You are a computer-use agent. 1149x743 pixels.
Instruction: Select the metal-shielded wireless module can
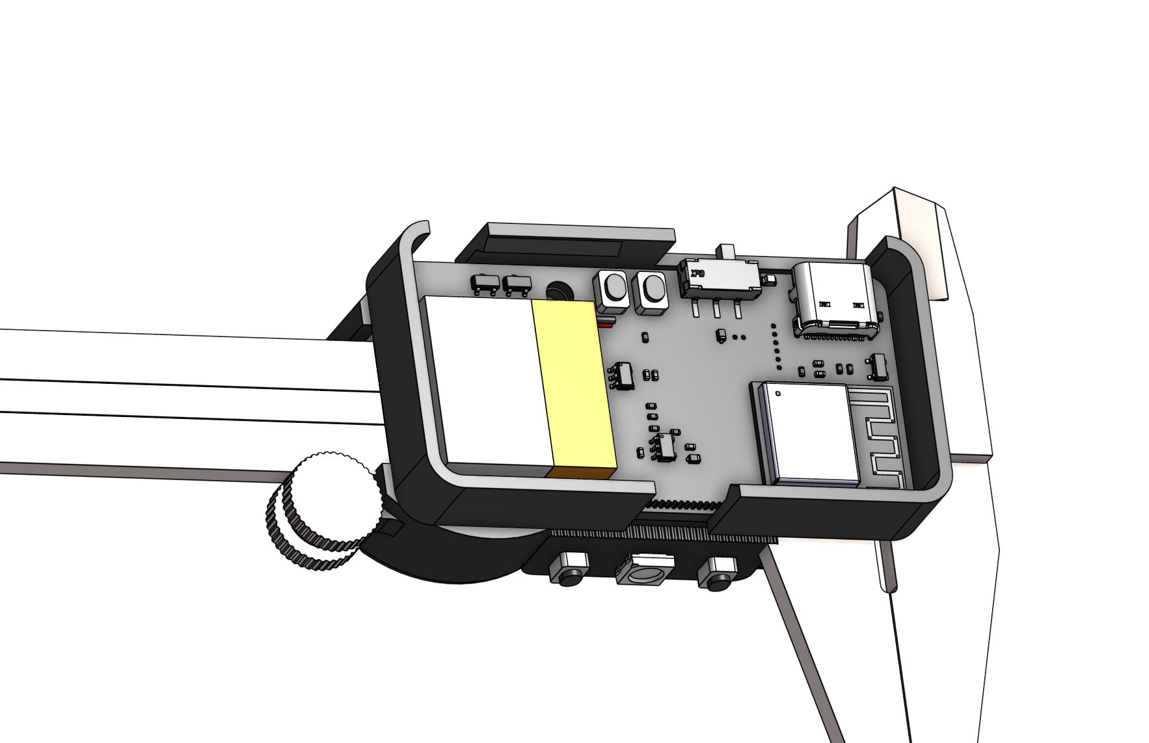pos(807,432)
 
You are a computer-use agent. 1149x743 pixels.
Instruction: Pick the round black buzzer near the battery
pos(557,291)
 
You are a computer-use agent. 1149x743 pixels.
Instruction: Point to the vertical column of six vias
pos(775,345)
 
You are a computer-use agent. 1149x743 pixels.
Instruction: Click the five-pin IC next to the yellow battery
pos(623,377)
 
